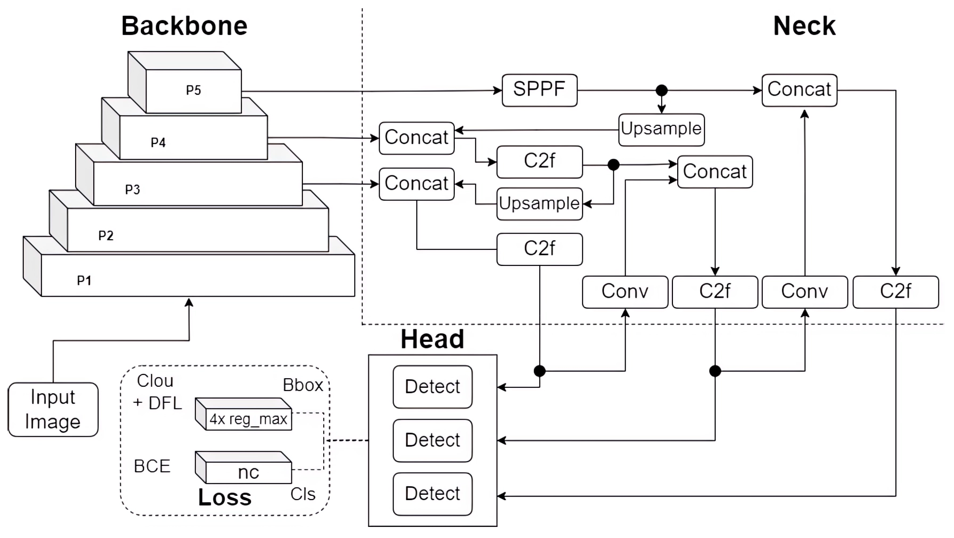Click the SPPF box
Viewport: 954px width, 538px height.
point(539,90)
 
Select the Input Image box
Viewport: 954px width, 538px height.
point(53,409)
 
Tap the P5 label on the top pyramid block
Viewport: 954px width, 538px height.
point(193,90)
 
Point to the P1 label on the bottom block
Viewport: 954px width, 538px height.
point(84,280)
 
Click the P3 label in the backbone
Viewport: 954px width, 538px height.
point(132,189)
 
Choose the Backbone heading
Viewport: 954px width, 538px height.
point(184,26)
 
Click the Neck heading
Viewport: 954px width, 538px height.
point(804,26)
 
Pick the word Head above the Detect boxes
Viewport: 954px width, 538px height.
point(432,339)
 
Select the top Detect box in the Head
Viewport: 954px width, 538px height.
point(432,386)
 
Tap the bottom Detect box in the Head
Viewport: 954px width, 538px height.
point(432,494)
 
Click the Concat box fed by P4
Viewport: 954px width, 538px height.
point(416,138)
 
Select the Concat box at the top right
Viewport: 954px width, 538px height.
point(799,90)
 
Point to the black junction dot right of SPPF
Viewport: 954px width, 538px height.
point(662,90)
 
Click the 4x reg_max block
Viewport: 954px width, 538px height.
point(248,419)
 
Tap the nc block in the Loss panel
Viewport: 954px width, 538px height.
point(248,472)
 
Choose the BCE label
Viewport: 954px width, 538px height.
point(152,466)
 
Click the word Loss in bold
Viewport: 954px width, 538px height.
point(225,497)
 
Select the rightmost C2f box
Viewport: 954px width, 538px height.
point(895,291)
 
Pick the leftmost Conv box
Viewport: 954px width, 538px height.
point(625,291)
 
